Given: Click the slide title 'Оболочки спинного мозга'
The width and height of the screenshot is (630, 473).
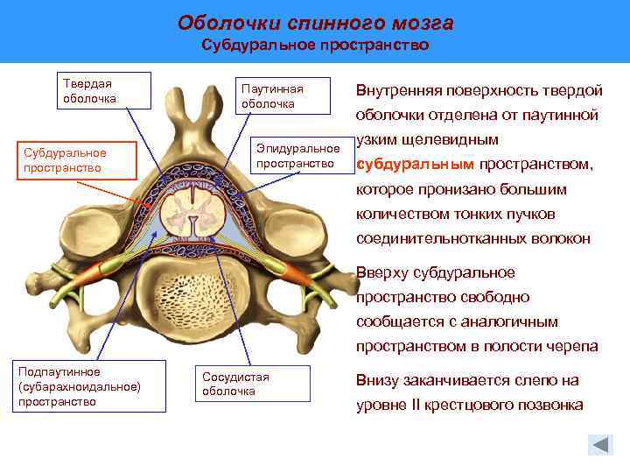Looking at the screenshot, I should tap(315, 21).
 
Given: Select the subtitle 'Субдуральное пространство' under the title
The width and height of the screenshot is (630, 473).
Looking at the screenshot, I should tap(315, 45).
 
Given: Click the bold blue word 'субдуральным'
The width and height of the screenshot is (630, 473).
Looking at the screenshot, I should tap(416, 164).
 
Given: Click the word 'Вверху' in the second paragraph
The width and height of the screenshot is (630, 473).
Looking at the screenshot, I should tap(381, 272).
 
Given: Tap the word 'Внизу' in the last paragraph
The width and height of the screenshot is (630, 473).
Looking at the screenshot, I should tap(378, 381).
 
